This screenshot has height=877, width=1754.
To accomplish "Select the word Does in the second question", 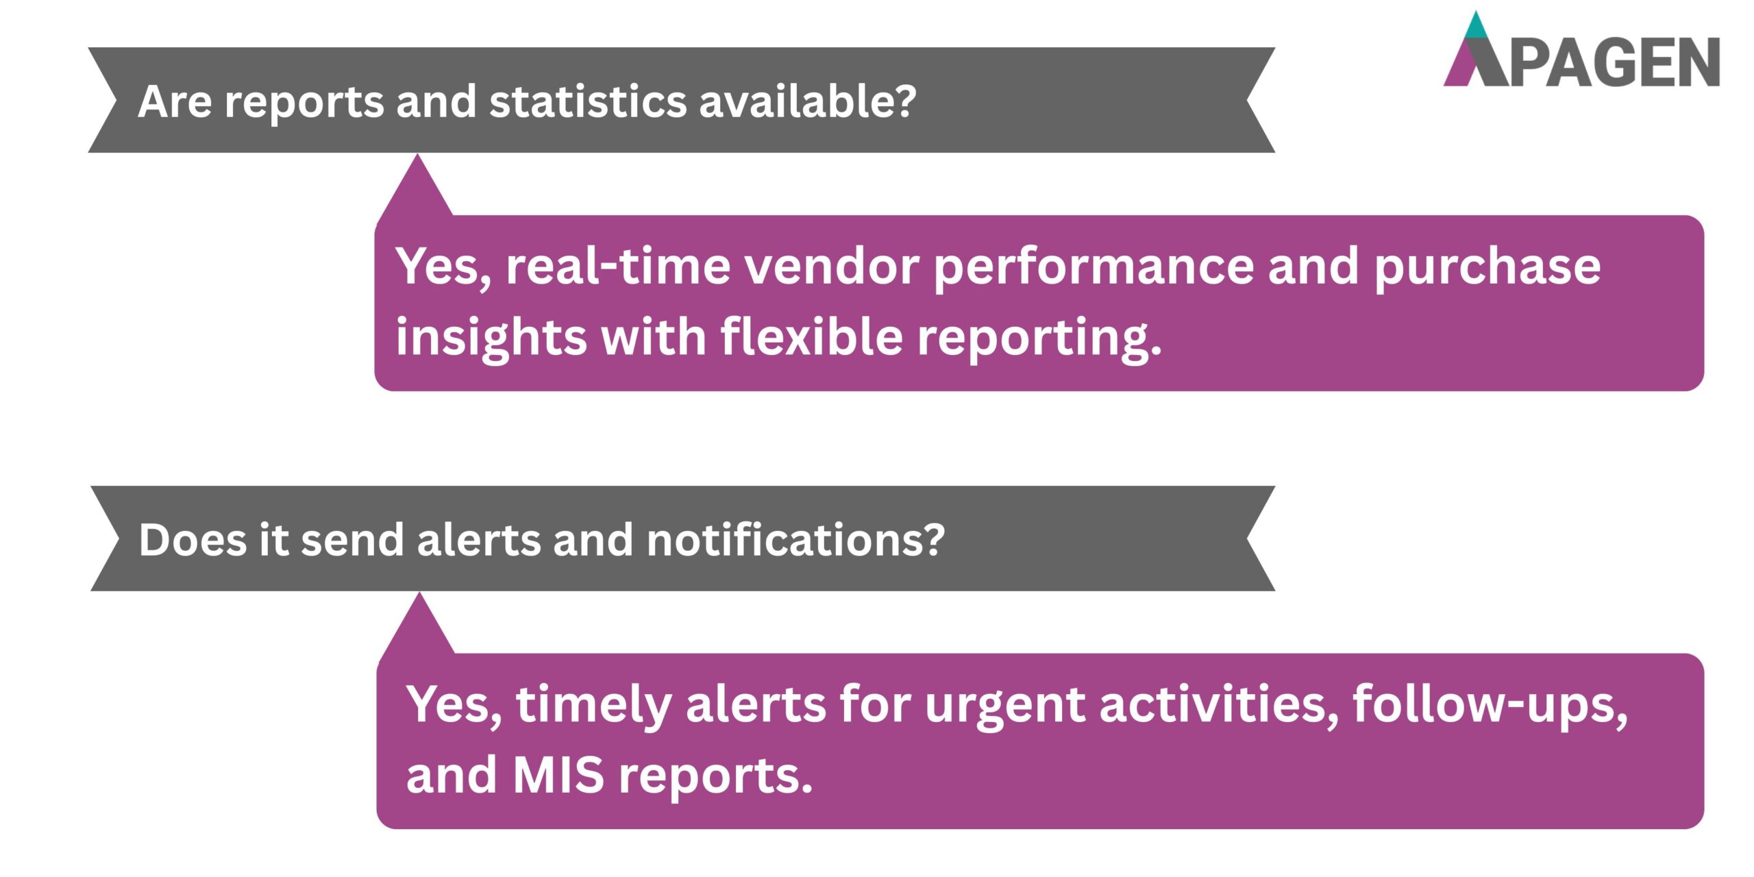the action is (x=193, y=540).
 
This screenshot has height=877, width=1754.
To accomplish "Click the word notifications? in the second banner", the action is (x=795, y=539).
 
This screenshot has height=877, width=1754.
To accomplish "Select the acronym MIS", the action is (x=558, y=775).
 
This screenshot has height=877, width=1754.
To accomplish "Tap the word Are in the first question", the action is (x=175, y=102).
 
